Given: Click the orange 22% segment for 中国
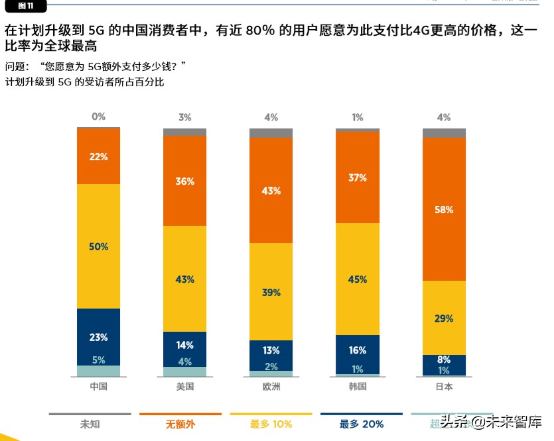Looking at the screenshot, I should pyautogui.click(x=99, y=156).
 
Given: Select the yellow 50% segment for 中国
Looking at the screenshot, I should pyautogui.click(x=99, y=246).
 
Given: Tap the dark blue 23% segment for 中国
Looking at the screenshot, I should pyautogui.click(x=99, y=337).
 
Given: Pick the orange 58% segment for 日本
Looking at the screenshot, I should pyautogui.click(x=444, y=209).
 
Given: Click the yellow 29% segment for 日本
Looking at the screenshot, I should pyautogui.click(x=444, y=318).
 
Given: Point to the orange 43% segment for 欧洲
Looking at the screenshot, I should pyautogui.click(x=271, y=191).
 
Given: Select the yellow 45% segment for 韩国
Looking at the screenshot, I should pyautogui.click(x=358, y=279).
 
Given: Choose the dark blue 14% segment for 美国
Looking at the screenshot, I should pyautogui.click(x=185, y=345).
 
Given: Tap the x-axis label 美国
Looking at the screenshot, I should pyautogui.click(x=185, y=387).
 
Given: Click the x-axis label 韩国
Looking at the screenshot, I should pyautogui.click(x=358, y=387).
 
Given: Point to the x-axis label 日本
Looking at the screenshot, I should pyautogui.click(x=444, y=387).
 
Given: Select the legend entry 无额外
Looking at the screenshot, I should pyautogui.click(x=180, y=424).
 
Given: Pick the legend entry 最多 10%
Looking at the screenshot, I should pyautogui.click(x=271, y=424).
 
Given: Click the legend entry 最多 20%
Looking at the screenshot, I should pyautogui.click(x=361, y=424).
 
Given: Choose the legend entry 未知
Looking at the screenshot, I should pyautogui.click(x=90, y=424).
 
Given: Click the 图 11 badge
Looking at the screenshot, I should pyautogui.click(x=27, y=6).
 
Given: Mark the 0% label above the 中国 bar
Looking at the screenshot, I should pyautogui.click(x=99, y=117).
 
